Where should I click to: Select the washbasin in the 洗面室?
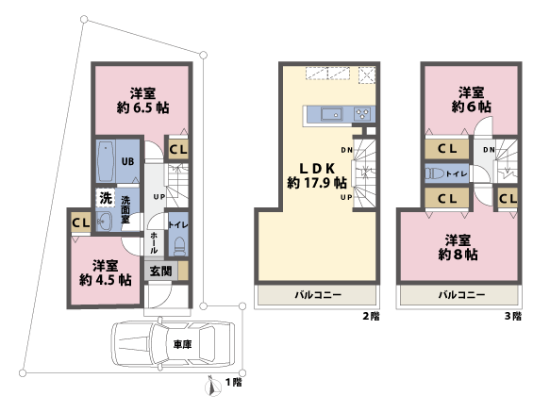coord(105,221)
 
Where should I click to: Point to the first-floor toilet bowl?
coord(175,247)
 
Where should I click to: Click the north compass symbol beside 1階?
coord(212,384)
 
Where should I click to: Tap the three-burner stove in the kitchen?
coord(363,115)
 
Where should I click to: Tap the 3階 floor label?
coord(510,317)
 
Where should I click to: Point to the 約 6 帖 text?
coord(470,107)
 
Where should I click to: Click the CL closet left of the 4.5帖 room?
coord(79,222)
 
